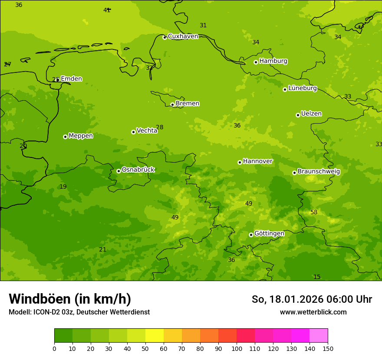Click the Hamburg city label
click(x=273, y=61)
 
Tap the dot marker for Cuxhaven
click(x=165, y=37)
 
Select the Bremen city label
click(x=187, y=104)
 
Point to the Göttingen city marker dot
click(x=251, y=235)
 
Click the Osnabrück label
click(x=138, y=170)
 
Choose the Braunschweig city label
click(x=319, y=172)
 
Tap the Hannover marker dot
click(x=240, y=162)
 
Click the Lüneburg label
click(x=302, y=88)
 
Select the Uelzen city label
click(x=311, y=114)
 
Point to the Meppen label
click(x=80, y=136)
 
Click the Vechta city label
click(x=147, y=131)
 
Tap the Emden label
click(x=71, y=79)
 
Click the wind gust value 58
click(x=314, y=212)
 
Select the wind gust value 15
click(x=317, y=277)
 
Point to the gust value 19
click(x=63, y=187)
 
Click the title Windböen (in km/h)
click(x=70, y=299)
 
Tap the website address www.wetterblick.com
click(x=313, y=312)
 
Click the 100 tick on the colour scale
click(x=237, y=348)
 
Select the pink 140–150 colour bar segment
click(x=319, y=335)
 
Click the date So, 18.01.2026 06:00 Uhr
click(x=312, y=299)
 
